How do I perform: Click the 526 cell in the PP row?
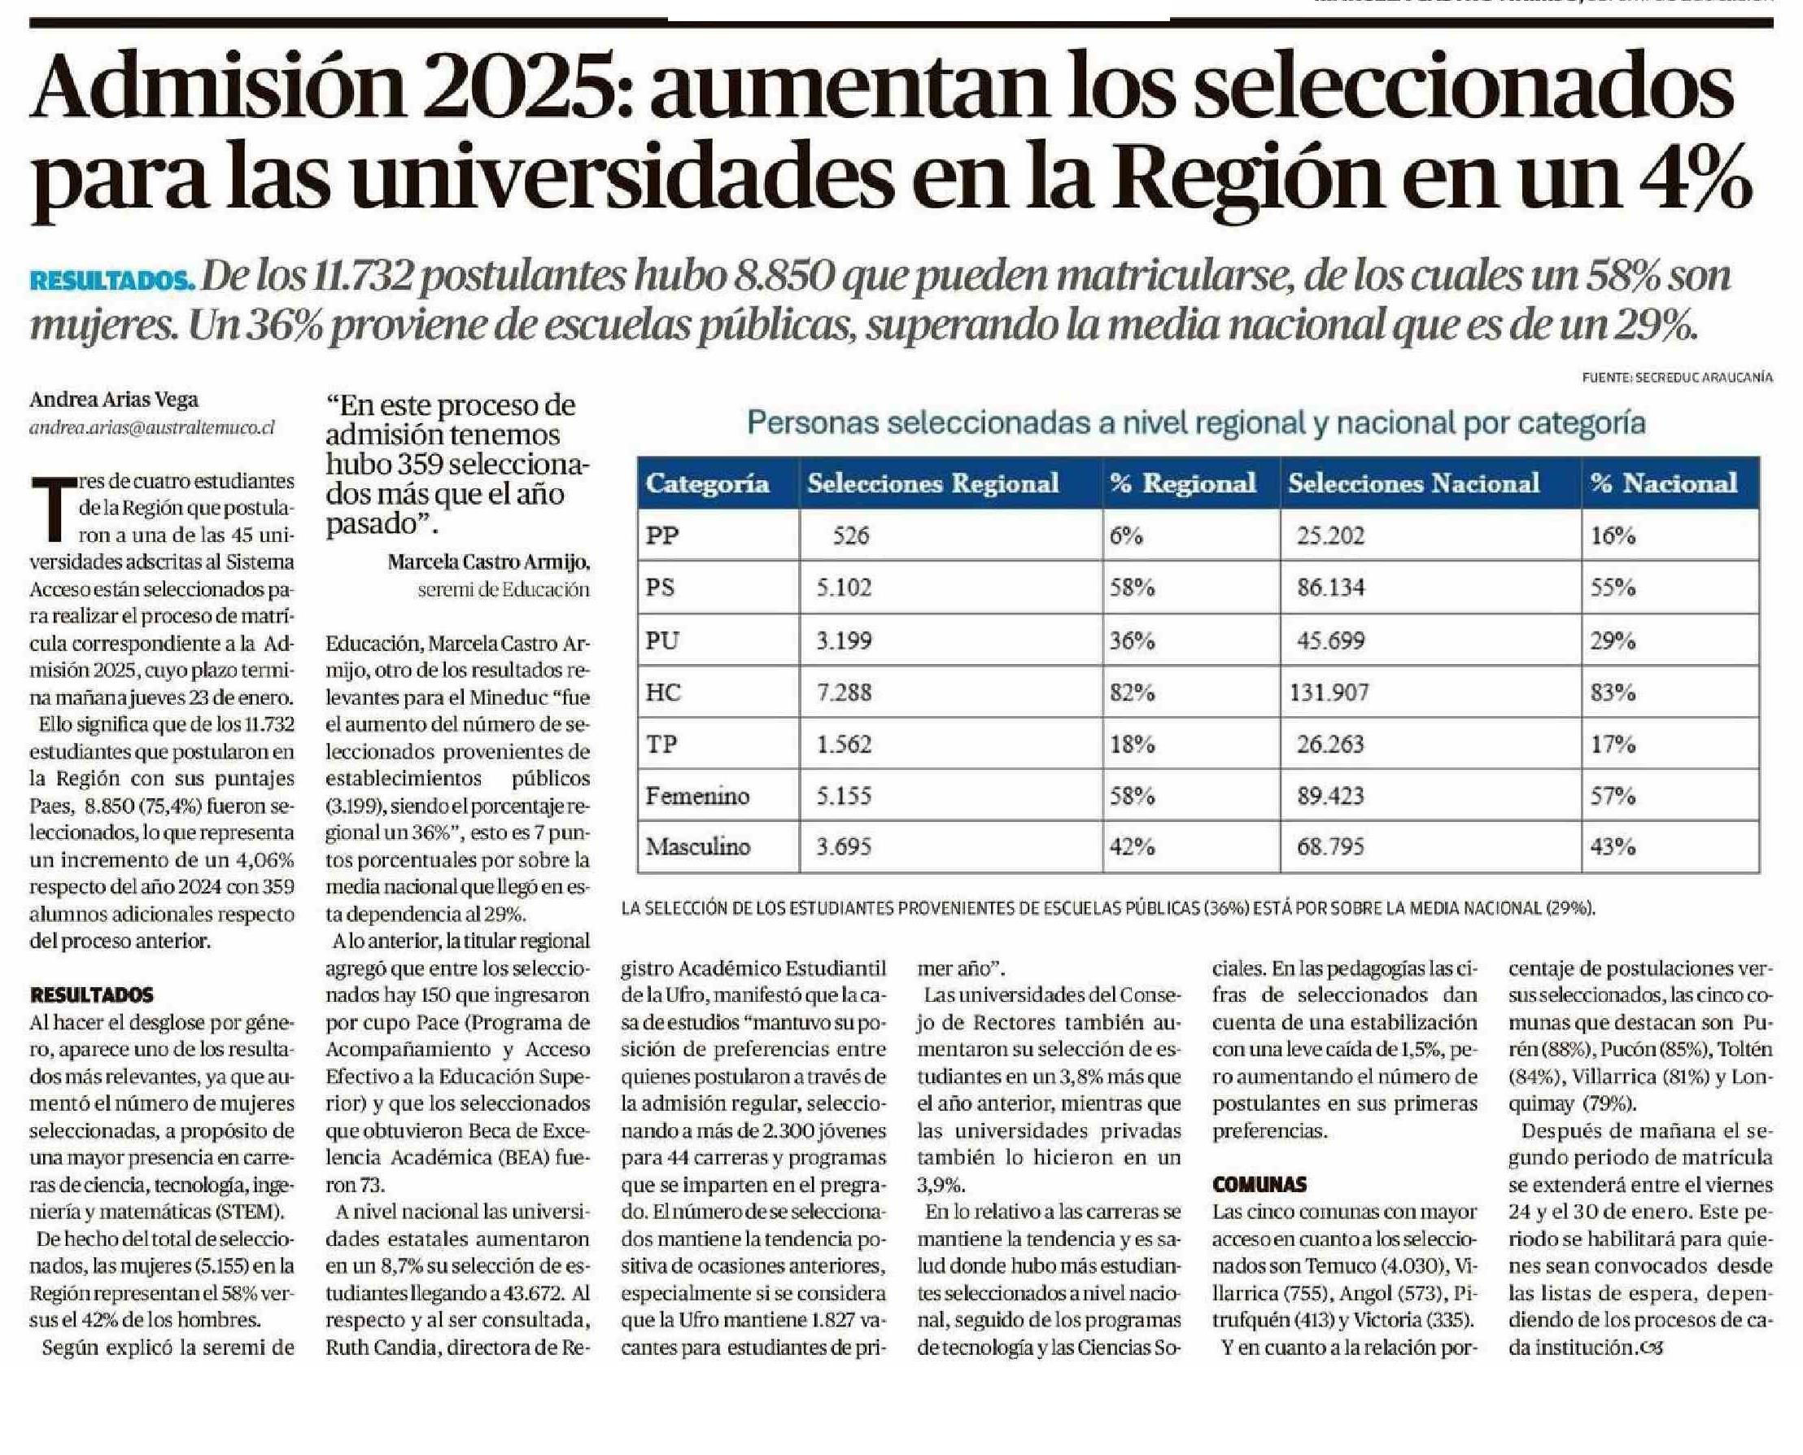[x=850, y=535]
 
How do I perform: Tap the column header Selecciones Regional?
[x=932, y=483]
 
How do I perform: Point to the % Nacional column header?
[x=1669, y=483]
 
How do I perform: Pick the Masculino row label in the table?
[x=697, y=846]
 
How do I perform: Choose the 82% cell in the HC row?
[x=1132, y=693]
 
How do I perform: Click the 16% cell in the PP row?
[x=1613, y=535]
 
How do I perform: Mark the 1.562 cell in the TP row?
[x=844, y=744]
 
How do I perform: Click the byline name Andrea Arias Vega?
[x=114, y=400]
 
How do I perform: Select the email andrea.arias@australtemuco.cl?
[x=151, y=427]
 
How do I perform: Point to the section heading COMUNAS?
[x=1259, y=1184]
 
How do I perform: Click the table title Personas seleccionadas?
[x=1195, y=423]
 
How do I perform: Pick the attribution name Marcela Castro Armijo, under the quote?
[x=487, y=561]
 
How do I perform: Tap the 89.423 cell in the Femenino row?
[x=1330, y=794]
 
